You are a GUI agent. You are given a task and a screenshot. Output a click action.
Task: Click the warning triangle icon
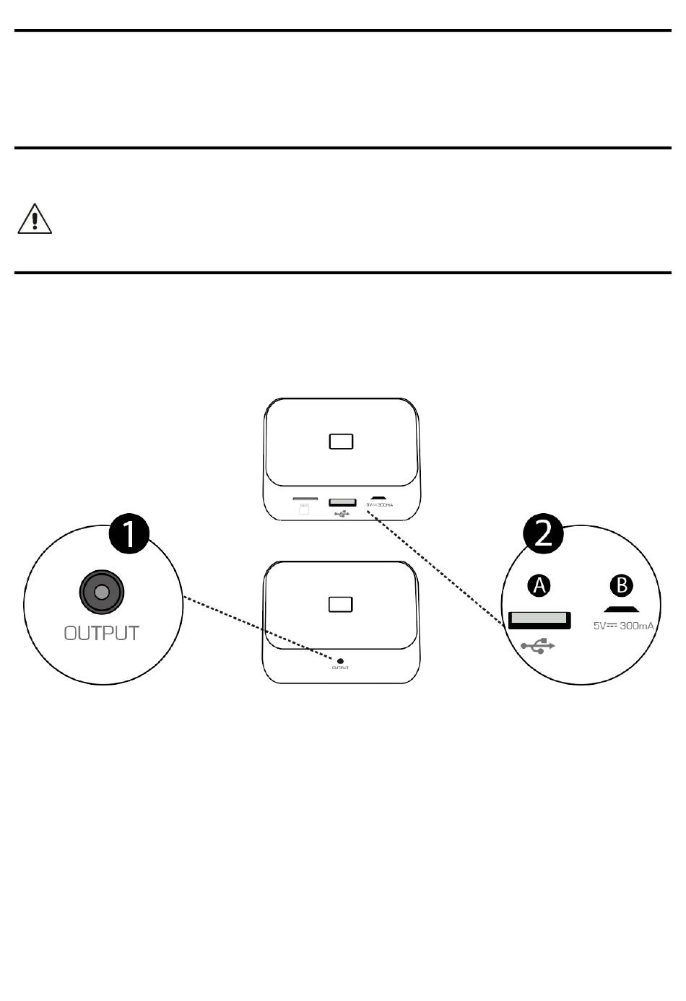pos(35,219)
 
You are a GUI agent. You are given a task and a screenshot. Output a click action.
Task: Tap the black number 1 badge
pos(129,534)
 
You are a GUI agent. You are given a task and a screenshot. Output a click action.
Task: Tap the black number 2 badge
pos(543,534)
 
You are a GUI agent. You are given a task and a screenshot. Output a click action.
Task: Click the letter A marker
pos(539,585)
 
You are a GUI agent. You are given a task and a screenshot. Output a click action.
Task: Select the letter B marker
pos(621,585)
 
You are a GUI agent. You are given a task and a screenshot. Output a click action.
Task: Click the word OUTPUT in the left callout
pos(101,633)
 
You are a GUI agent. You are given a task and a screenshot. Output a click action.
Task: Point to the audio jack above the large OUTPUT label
pos(102,593)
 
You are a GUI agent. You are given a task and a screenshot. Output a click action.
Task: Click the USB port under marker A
pos(539,619)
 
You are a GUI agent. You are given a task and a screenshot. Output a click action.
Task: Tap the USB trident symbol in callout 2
pos(538,647)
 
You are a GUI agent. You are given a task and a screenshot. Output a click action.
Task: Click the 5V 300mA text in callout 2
pos(623,626)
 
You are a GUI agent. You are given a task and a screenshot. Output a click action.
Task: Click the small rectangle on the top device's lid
pos(341,441)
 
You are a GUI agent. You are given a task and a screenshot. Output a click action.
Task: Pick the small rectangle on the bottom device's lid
pos(341,604)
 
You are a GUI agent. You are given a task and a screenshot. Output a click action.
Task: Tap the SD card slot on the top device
pos(305,498)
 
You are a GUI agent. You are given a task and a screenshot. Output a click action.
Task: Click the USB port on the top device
pos(342,501)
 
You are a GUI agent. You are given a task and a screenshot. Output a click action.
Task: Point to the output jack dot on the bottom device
pos(341,660)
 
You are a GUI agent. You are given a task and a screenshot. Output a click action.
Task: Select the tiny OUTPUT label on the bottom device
pos(340,668)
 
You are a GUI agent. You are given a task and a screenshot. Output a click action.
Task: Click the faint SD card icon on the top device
pos(304,510)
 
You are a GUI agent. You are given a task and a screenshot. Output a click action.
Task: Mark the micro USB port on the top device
pos(378,498)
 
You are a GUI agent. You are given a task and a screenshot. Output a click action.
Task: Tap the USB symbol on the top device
pos(342,514)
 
